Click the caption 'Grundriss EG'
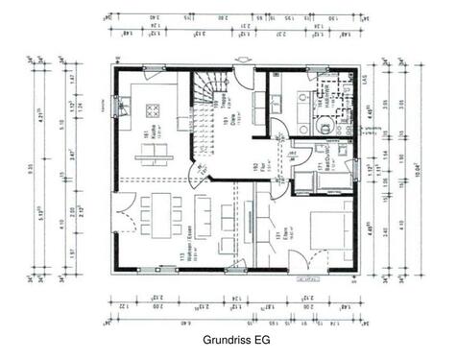coord(235,340)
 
